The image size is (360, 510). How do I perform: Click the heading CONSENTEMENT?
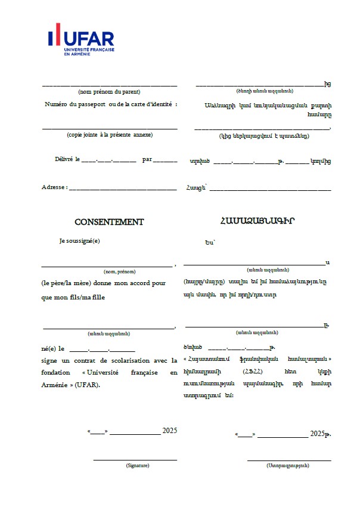click(x=109, y=222)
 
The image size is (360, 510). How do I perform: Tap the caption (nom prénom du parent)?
click(x=109, y=92)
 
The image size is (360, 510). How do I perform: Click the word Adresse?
click(x=53, y=187)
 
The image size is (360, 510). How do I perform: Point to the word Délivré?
click(x=63, y=160)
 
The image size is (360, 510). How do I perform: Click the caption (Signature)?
click(x=138, y=465)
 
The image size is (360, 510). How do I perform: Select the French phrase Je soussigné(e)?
click(x=80, y=241)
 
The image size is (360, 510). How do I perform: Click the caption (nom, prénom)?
click(x=119, y=271)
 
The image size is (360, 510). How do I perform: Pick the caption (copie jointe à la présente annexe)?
click(x=110, y=135)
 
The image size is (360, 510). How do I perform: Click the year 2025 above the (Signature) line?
click(x=170, y=431)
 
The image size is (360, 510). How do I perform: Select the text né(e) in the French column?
click(x=49, y=348)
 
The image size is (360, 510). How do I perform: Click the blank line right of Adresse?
click(x=123, y=189)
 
